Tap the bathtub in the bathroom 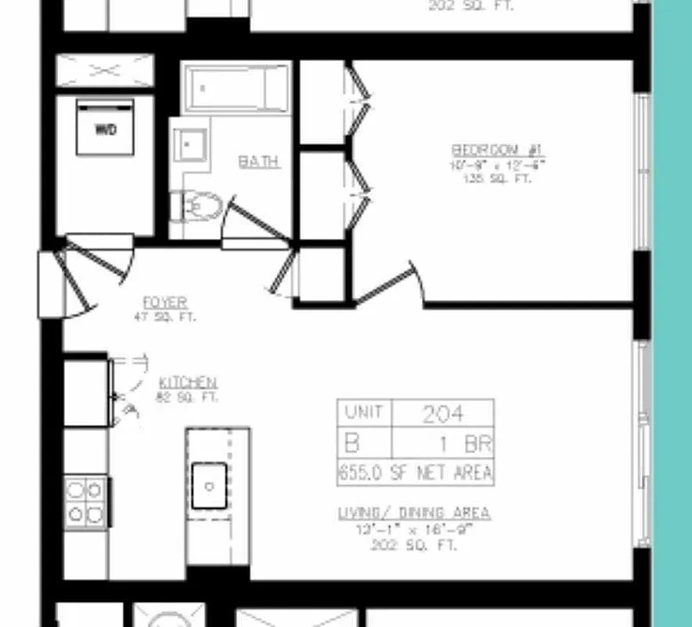(236, 88)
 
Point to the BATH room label (258, 161)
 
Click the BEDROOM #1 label (497, 150)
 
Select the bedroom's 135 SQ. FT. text (497, 178)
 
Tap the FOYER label (165, 303)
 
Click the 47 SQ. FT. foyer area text (165, 317)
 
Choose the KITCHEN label (188, 382)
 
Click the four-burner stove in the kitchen (85, 502)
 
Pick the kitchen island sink (209, 487)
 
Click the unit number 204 (442, 414)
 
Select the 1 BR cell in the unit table (465, 444)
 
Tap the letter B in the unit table (351, 444)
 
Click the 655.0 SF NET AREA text (415, 473)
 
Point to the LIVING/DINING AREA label (414, 513)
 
